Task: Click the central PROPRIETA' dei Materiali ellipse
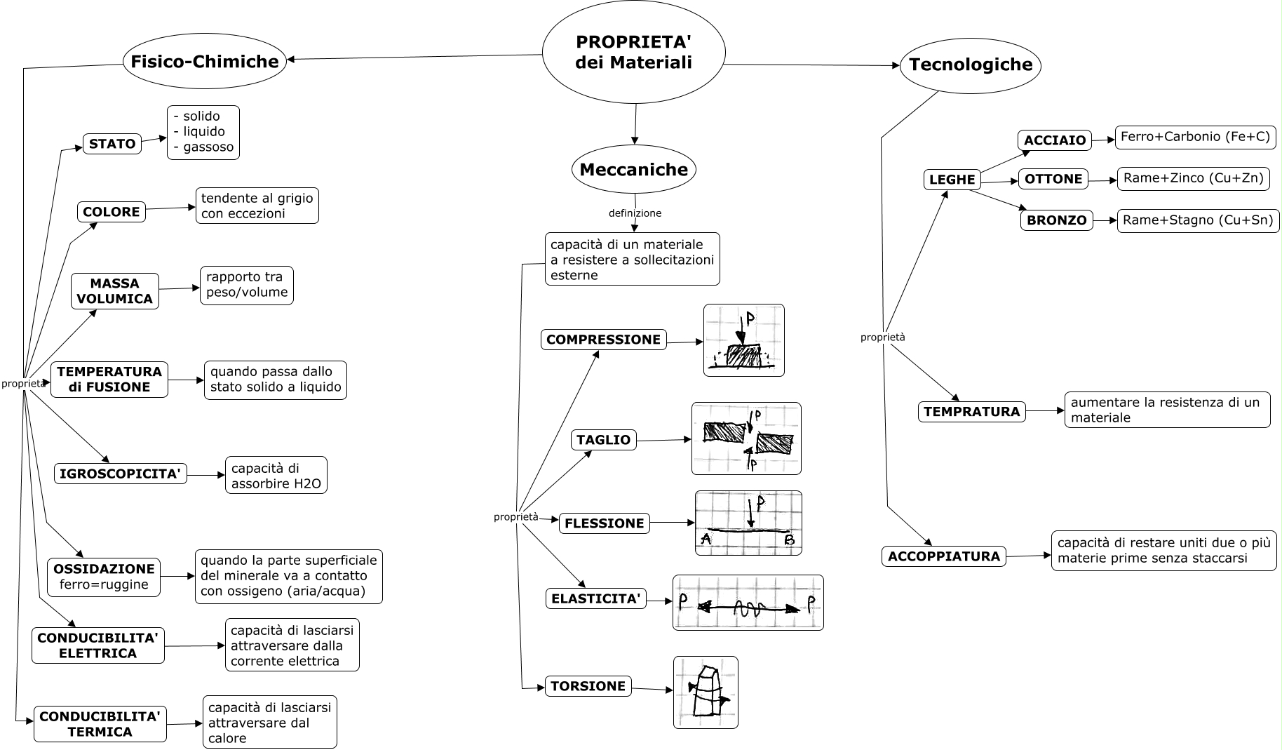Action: point(633,53)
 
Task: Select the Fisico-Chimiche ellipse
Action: point(205,62)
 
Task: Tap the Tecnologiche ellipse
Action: point(971,65)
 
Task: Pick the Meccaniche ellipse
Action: point(634,170)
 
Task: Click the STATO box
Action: point(112,144)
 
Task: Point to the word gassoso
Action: point(204,147)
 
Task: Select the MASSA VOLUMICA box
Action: point(115,291)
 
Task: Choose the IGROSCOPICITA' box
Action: point(121,474)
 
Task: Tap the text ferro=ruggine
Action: point(104,584)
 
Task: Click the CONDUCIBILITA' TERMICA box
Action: point(100,724)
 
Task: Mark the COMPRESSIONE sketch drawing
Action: point(743,340)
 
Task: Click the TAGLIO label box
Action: point(603,440)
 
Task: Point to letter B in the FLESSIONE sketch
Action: point(789,540)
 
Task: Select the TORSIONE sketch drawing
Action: point(706,692)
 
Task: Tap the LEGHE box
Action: point(952,180)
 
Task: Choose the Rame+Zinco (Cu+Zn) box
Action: point(1193,179)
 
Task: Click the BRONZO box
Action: point(1056,220)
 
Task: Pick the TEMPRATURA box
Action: point(971,412)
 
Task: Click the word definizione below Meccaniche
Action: point(635,213)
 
